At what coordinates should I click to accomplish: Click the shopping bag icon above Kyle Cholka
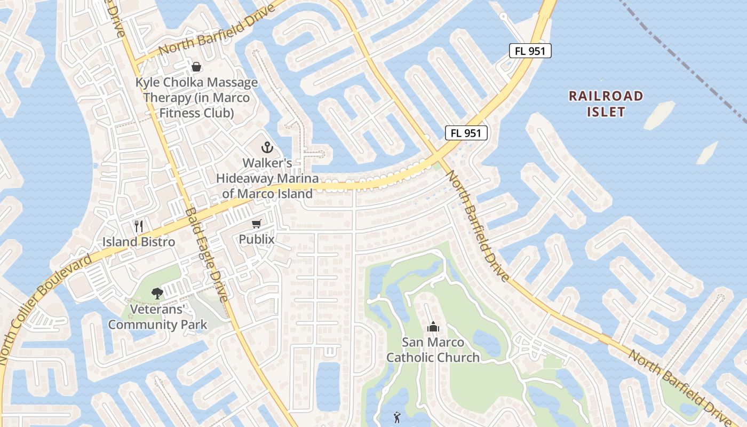pos(196,67)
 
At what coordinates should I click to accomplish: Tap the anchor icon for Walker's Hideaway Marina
pos(267,147)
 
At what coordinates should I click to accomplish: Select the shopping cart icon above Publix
pos(257,224)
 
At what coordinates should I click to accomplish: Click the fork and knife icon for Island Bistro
pos(139,226)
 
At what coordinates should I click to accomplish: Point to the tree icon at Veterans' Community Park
pos(157,292)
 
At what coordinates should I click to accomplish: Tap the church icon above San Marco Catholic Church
pos(433,326)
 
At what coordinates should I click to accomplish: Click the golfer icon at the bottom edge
pos(396,416)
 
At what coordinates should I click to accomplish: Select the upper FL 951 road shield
pos(529,51)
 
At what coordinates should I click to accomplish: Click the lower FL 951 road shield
pos(466,133)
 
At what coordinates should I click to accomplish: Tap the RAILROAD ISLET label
pos(606,104)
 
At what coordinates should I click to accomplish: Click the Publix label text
pos(257,240)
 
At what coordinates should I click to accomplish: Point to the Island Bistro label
pos(139,242)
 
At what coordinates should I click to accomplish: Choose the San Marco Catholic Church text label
pos(433,350)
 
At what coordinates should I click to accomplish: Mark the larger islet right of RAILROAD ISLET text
pos(659,115)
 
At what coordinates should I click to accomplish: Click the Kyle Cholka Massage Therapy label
pos(196,98)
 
